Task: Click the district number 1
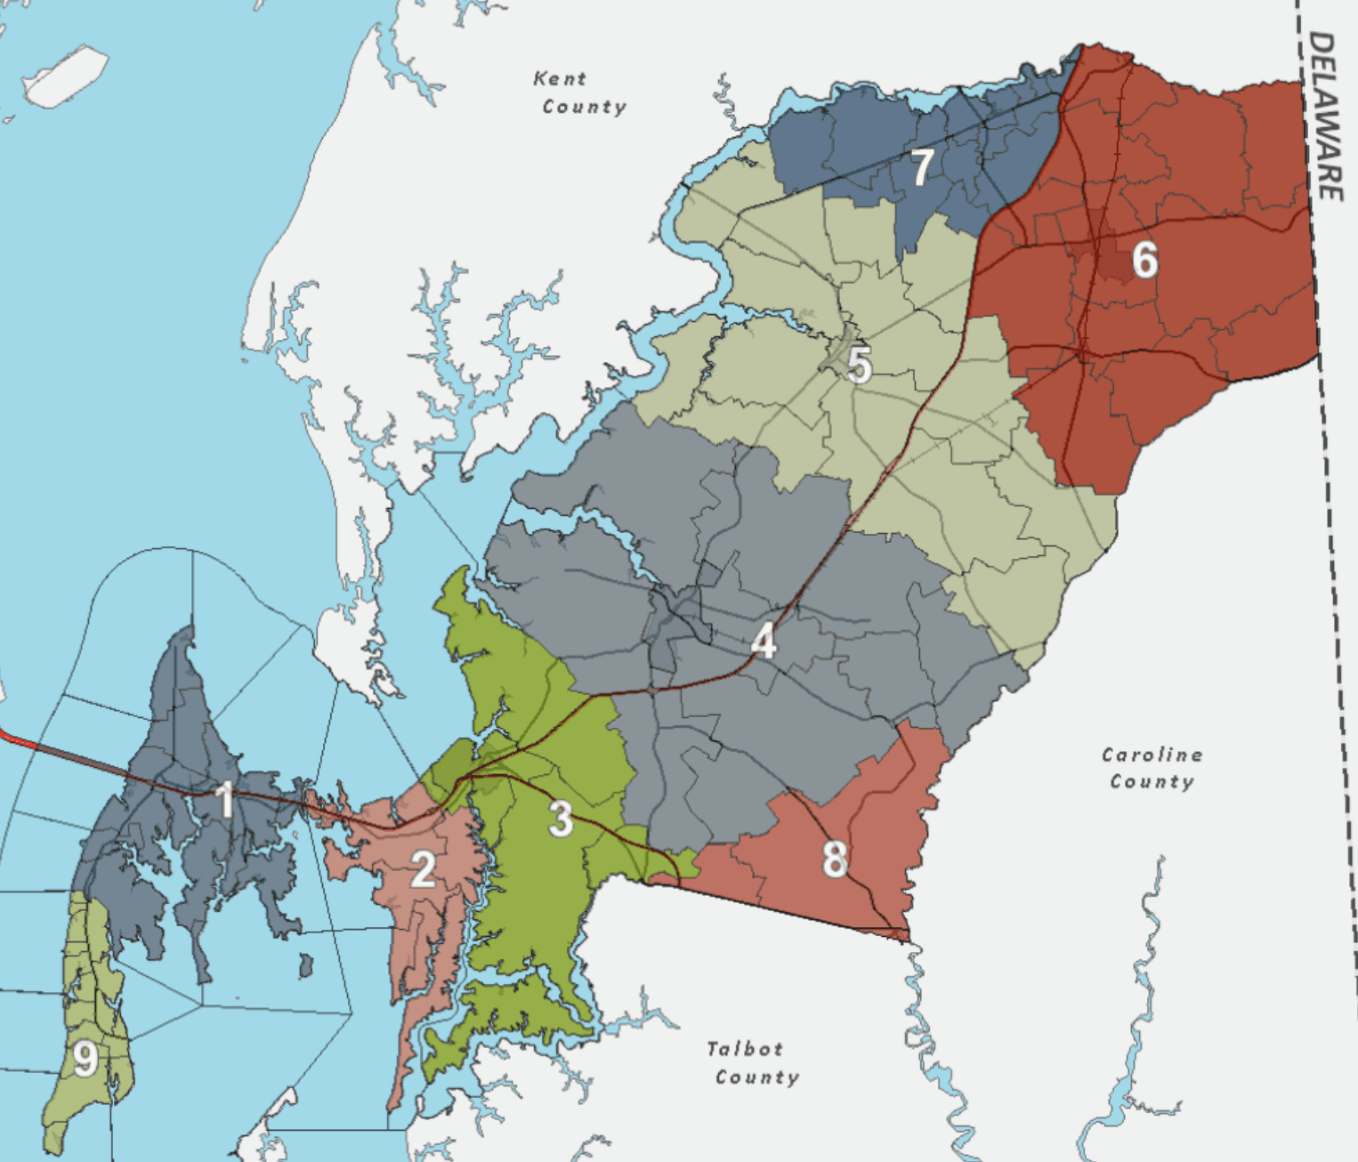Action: click(226, 798)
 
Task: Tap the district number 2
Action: click(423, 868)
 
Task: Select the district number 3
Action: click(560, 819)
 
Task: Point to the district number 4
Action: click(764, 641)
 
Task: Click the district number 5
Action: click(859, 365)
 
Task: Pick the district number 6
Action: click(1144, 259)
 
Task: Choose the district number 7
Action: click(922, 166)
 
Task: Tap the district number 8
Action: click(834, 859)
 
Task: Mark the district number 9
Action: click(85, 1059)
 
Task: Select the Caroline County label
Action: click(1152, 768)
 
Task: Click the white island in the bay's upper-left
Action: click(65, 76)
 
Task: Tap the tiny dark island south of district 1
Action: click(305, 964)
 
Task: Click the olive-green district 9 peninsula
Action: click(89, 997)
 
